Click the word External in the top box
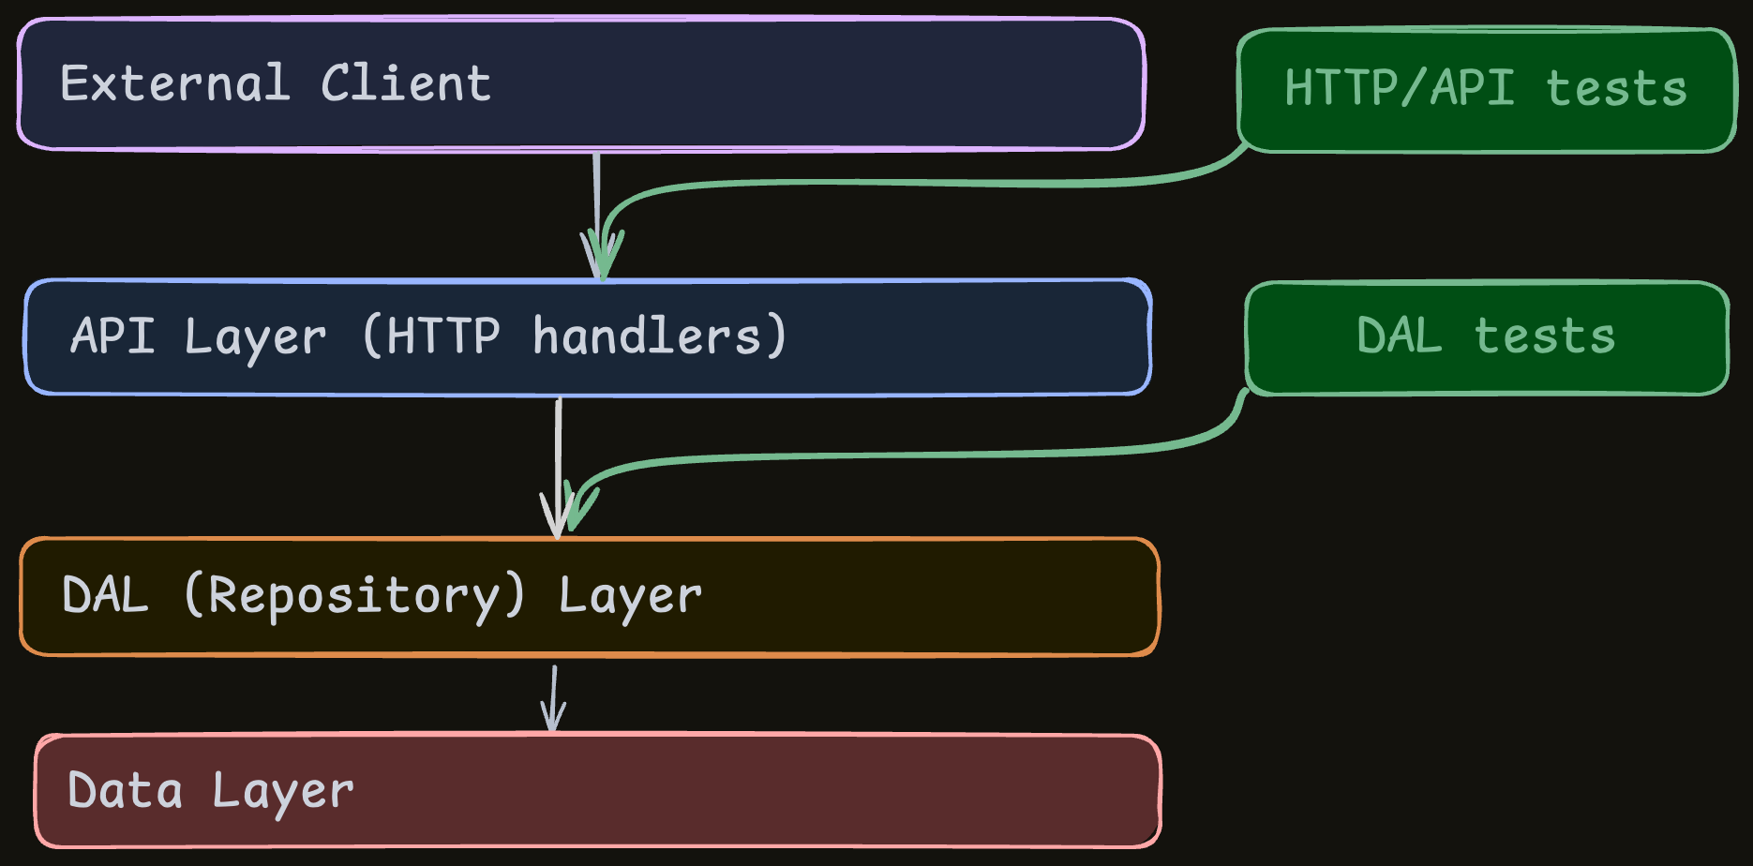click(x=174, y=83)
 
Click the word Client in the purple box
click(x=405, y=83)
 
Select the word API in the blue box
click(x=112, y=336)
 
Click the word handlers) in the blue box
click(x=659, y=336)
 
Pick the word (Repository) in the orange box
click(x=354, y=595)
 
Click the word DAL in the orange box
click(x=105, y=595)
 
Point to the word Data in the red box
click(x=125, y=790)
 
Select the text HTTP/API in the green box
click(x=1399, y=88)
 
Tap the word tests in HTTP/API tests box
click(x=1615, y=89)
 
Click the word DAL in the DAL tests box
click(x=1399, y=336)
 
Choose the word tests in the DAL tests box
click(x=1544, y=336)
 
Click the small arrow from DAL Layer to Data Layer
click(x=554, y=698)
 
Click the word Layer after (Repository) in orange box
click(x=630, y=597)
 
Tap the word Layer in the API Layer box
click(x=255, y=337)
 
